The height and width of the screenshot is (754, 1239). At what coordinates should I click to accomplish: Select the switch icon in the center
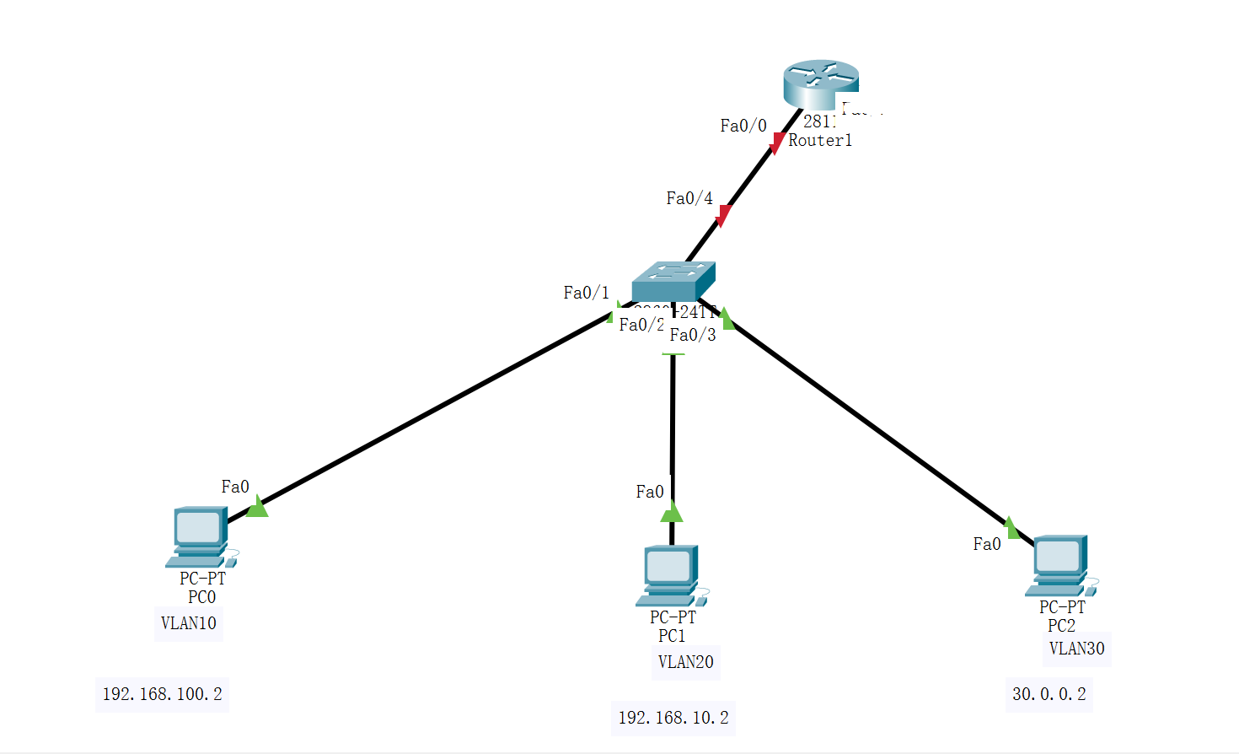point(673,281)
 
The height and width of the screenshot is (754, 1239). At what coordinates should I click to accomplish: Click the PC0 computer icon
point(201,537)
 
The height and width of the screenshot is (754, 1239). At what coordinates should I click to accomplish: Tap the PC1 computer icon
point(671,575)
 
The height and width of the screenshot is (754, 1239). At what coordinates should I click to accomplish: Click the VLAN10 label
point(189,623)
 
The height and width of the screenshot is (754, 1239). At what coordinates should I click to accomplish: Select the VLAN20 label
point(685,662)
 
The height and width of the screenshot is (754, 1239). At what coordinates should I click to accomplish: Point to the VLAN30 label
point(1076,649)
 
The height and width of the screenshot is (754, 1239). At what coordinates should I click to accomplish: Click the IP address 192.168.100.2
point(162,694)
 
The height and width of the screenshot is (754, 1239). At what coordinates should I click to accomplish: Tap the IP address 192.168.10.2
point(673,718)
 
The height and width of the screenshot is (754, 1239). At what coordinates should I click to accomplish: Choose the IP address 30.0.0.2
point(1049,694)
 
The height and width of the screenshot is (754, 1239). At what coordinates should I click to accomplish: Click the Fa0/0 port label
point(743,126)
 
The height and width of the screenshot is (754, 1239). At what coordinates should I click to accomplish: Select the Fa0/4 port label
point(689,198)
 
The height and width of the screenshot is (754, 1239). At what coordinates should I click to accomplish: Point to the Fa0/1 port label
point(586,293)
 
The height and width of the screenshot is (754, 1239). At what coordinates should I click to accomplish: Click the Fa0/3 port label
point(693,335)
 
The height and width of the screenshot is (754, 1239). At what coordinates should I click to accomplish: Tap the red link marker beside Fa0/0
point(777,143)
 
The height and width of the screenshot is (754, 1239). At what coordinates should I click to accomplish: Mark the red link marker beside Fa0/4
point(722,216)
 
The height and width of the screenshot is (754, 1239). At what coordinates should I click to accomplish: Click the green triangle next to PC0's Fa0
point(257,507)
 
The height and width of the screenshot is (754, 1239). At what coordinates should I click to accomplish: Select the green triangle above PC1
point(672,512)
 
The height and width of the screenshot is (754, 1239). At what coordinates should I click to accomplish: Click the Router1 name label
point(819,141)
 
